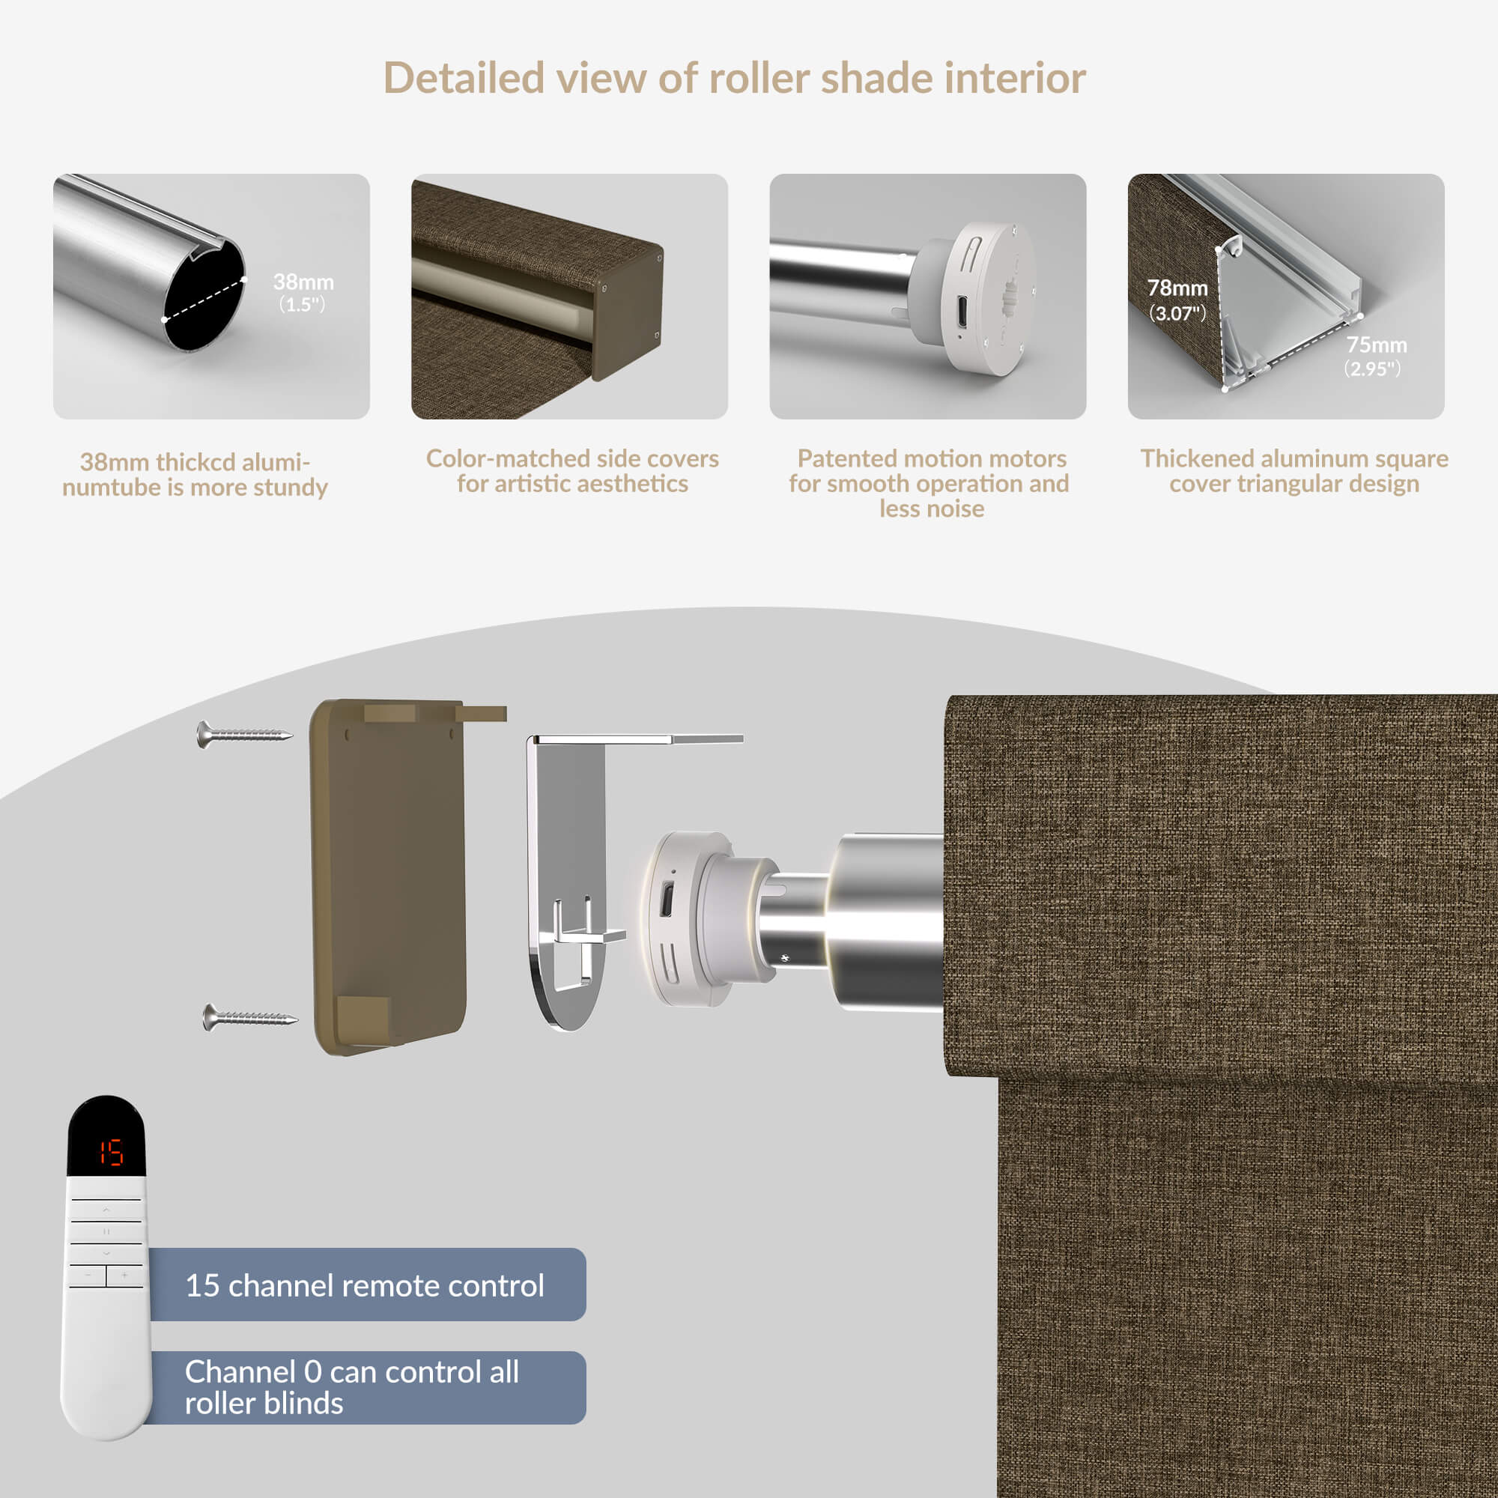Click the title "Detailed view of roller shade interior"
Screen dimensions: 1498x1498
click(734, 79)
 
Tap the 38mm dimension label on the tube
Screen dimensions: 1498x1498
click(303, 291)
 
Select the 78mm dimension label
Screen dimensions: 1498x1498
click(1177, 299)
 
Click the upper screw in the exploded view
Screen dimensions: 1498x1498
click(244, 733)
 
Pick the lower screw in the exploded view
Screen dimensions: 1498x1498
click(249, 1017)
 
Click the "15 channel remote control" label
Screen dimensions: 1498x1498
click(365, 1285)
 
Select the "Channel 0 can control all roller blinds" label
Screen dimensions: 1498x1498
click(352, 1387)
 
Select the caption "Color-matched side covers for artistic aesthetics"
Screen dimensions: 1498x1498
click(572, 470)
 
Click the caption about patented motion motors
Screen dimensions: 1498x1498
click(930, 483)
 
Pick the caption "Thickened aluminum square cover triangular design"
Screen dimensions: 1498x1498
click(1294, 470)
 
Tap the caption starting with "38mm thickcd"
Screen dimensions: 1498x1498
click(195, 475)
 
